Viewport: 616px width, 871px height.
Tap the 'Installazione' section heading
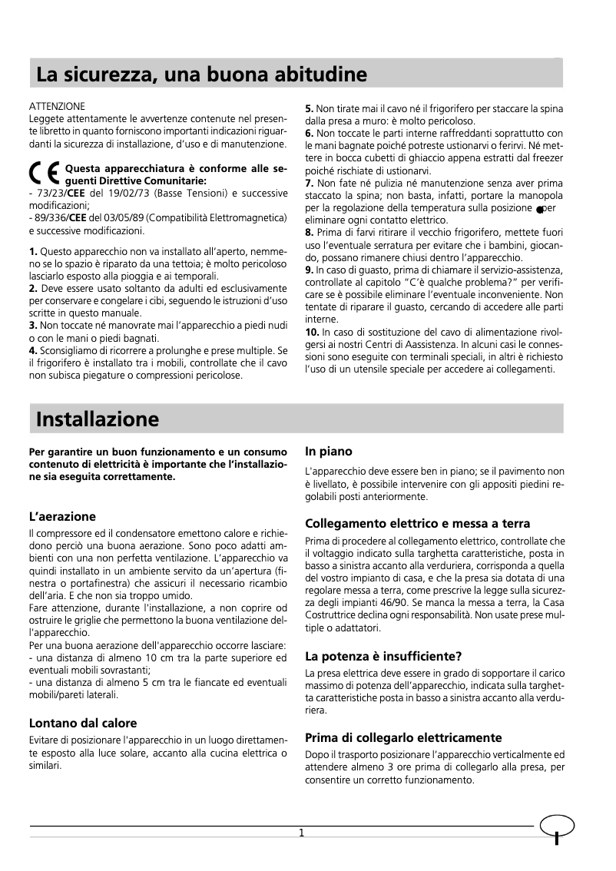click(x=98, y=419)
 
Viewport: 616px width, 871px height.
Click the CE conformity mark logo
click(x=45, y=174)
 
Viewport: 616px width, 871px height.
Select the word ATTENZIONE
click(x=56, y=105)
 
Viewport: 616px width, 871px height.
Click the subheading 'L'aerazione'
click(x=62, y=516)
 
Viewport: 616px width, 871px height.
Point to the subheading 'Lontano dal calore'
click(x=83, y=723)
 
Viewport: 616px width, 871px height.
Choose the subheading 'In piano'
click(x=329, y=452)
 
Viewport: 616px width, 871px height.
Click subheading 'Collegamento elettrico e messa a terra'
click(x=417, y=524)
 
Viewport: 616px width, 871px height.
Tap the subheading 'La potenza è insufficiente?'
click(x=383, y=656)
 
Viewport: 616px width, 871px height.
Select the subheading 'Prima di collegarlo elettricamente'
click(x=403, y=737)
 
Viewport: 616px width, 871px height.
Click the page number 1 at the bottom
click(x=302, y=833)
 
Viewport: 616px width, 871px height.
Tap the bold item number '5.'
click(x=310, y=109)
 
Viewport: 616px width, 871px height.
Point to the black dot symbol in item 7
click(x=541, y=209)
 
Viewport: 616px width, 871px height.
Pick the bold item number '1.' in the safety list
click(x=33, y=252)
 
